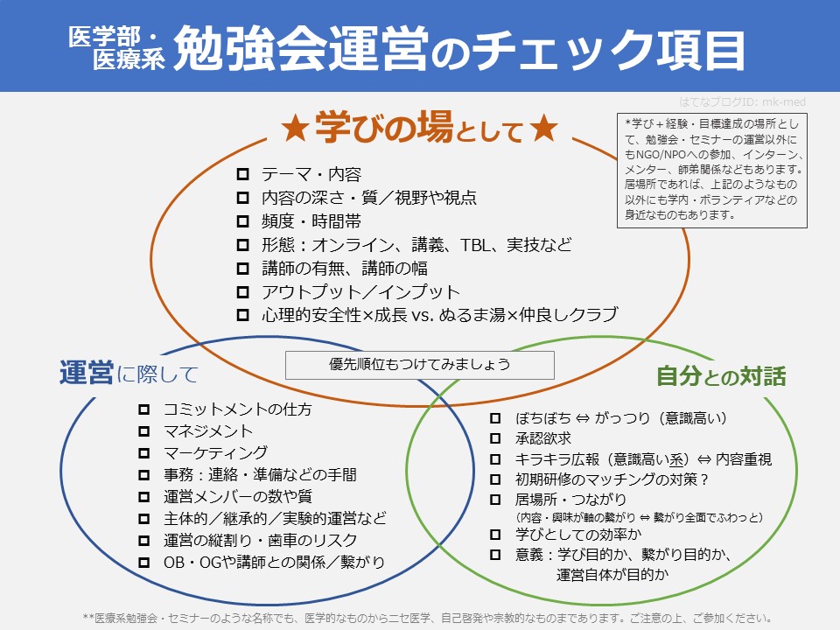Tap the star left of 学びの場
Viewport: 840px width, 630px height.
295,129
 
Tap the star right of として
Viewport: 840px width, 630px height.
543,129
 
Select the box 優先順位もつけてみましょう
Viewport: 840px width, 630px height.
420,364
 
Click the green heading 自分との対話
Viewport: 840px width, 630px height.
721,376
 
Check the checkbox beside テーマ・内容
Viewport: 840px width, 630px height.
242,174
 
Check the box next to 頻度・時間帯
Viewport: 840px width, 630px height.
242,221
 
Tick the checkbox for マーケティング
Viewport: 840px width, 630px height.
144,452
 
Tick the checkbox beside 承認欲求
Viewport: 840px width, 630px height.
495,437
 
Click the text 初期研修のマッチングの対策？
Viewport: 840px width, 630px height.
612,479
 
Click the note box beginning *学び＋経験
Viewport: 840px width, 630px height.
712,168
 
